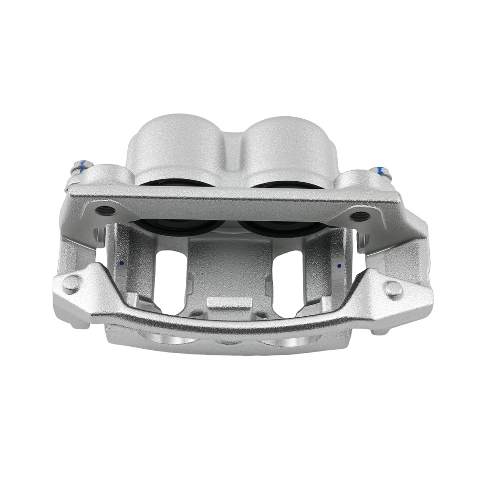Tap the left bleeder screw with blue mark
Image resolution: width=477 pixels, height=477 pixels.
pos(79,168)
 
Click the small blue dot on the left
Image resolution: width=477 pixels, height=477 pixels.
pos(122,263)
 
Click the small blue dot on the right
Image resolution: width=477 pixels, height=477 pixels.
pos(339,266)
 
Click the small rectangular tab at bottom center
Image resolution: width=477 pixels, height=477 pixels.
pos(229,305)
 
